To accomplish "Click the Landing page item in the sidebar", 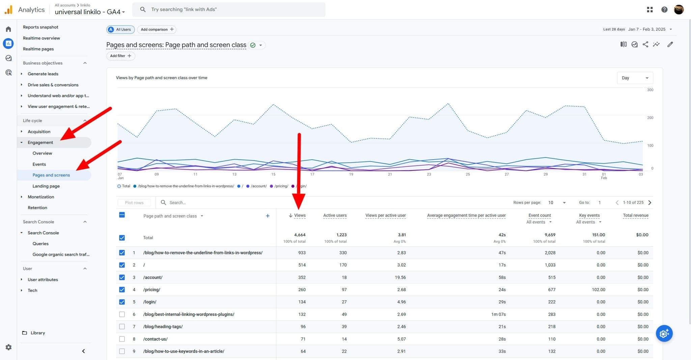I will [x=46, y=186].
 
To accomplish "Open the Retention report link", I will [x=37, y=207].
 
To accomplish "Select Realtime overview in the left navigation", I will [x=41, y=38].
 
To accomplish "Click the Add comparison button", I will [x=157, y=29].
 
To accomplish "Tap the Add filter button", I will [x=120, y=56].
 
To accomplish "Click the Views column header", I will [x=300, y=216].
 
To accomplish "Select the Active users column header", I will [x=335, y=216].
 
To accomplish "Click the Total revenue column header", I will [x=635, y=216].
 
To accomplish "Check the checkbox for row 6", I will [x=122, y=314].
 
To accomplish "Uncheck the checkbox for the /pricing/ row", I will [x=122, y=290].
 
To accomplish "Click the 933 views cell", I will [x=302, y=253].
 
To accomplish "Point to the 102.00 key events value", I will [x=598, y=290].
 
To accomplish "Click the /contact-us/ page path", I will [x=155, y=339].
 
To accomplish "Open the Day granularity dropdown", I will [x=635, y=78].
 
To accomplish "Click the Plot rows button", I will [x=134, y=203].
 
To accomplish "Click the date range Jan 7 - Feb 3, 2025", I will [x=647, y=29].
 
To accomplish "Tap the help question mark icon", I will [x=664, y=9].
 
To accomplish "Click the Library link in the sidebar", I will [x=37, y=333].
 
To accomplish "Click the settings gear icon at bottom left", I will [x=9, y=347].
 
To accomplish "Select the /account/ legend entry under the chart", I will [x=258, y=186].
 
